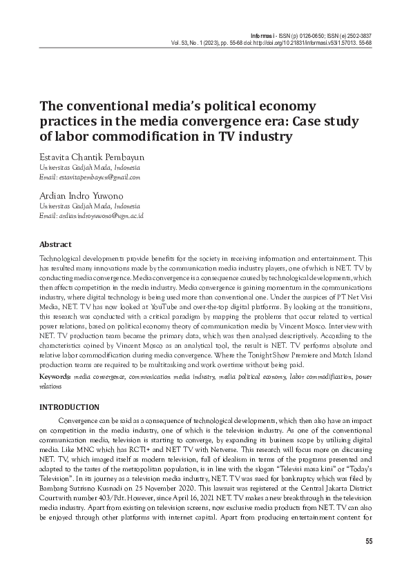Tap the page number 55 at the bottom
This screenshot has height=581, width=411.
pyautogui.click(x=368, y=540)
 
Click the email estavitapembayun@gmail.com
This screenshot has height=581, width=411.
pyautogui.click(x=99, y=177)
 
